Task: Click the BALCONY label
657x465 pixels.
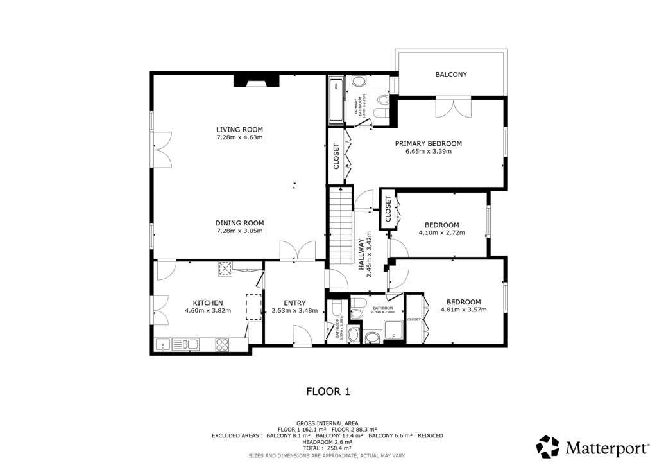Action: click(451, 75)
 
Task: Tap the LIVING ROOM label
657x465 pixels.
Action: click(239, 129)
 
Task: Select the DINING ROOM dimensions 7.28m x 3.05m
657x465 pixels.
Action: click(239, 231)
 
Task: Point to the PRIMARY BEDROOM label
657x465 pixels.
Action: click(428, 143)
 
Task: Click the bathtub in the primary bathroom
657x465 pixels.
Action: click(336, 100)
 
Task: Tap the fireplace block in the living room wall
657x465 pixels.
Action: click(256, 80)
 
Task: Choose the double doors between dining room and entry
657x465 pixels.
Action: click(298, 250)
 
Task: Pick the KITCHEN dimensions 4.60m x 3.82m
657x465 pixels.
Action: click(208, 311)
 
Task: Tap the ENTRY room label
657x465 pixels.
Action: click(294, 303)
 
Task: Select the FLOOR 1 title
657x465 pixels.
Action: click(328, 390)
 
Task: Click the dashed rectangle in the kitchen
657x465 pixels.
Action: click(255, 306)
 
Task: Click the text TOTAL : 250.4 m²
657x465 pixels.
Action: click(328, 448)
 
